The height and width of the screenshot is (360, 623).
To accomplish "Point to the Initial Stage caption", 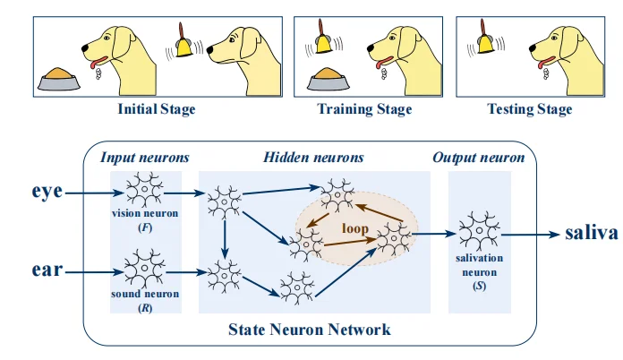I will (x=157, y=110).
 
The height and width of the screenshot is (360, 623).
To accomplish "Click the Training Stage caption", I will (x=364, y=110).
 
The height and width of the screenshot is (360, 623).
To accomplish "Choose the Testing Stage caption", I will (x=529, y=110).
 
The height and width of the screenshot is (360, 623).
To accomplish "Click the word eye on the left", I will (x=47, y=191).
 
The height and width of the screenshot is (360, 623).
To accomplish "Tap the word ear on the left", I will (x=47, y=267).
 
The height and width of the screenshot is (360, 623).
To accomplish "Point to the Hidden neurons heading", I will (x=313, y=158).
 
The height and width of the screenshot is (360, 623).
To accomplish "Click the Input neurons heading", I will (x=145, y=158).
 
